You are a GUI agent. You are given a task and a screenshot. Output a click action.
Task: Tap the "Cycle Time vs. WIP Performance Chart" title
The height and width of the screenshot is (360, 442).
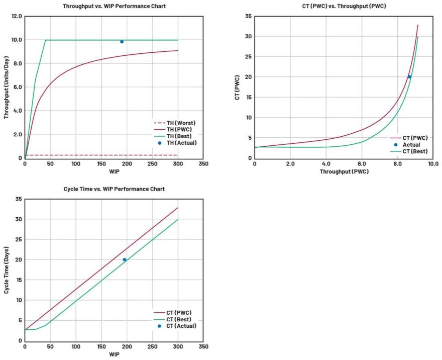click(x=114, y=189)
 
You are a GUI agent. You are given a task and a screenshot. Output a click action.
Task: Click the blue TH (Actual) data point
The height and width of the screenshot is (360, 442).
click(x=122, y=42)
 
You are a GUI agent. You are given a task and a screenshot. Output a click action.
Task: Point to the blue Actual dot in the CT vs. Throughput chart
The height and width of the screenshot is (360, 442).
click(x=409, y=77)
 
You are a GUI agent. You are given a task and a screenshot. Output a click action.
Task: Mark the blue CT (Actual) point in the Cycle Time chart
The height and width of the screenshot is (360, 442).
click(x=125, y=259)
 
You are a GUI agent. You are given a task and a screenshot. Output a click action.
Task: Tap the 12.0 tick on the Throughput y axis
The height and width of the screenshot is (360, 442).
click(x=17, y=16)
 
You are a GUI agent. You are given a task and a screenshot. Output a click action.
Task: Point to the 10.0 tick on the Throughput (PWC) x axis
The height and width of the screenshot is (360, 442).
click(x=433, y=164)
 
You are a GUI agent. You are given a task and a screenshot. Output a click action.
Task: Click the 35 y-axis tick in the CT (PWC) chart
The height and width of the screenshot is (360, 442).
click(x=248, y=17)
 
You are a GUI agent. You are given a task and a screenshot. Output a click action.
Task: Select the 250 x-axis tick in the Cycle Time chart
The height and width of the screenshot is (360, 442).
click(x=152, y=347)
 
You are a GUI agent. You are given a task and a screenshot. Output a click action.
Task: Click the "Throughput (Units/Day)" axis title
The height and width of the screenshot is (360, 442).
click(x=7, y=87)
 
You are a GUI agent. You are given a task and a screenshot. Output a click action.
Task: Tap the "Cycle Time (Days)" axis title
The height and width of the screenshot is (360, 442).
click(x=7, y=269)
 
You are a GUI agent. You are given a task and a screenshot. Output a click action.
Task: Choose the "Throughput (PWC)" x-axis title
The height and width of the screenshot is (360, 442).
click(x=344, y=172)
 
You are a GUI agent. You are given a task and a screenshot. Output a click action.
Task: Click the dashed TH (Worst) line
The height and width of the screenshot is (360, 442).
click(x=100, y=155)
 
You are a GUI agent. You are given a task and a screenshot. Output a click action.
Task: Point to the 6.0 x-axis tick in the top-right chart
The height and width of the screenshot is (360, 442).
click(x=362, y=164)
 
